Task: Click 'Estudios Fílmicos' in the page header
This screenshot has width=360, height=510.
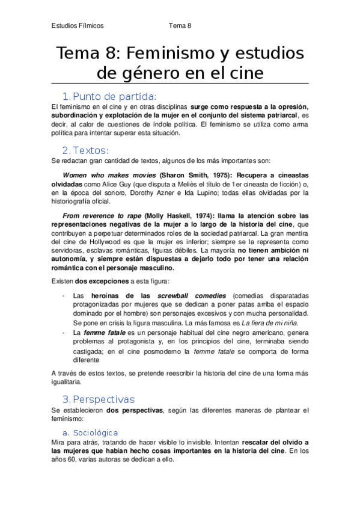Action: pos(78,26)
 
